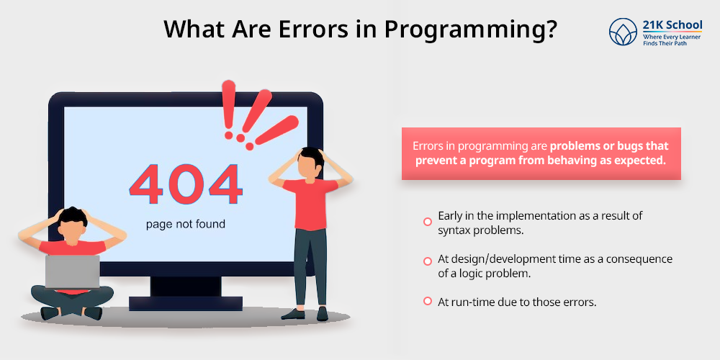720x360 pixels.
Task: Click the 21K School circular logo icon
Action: tap(623, 32)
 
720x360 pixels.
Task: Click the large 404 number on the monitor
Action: tap(186, 185)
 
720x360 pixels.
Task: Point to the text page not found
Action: tap(186, 224)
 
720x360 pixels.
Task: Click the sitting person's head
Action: tap(71, 224)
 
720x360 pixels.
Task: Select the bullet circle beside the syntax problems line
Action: tap(428, 222)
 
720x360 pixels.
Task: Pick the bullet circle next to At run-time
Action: tap(428, 301)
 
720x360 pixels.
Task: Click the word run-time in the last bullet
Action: tap(472, 302)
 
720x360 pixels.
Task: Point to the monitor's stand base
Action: tap(186, 302)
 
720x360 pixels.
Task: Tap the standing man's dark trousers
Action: tap(310, 266)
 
